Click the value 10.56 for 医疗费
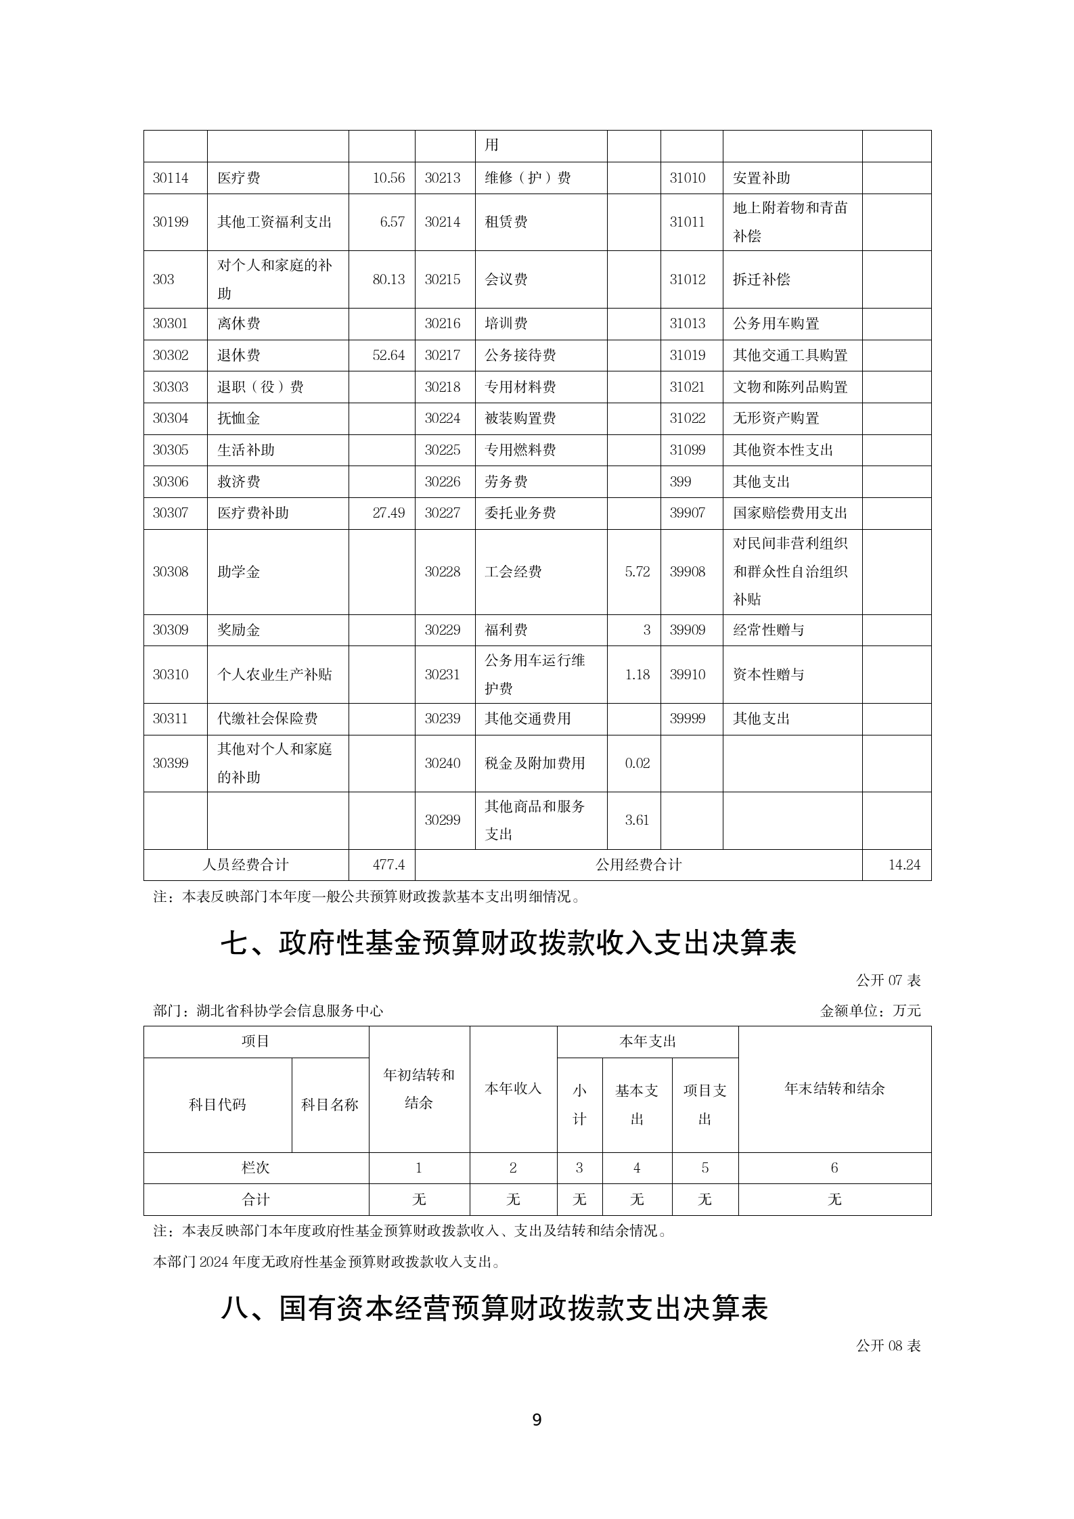(x=388, y=178)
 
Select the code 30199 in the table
(x=171, y=222)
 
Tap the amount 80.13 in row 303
(x=388, y=279)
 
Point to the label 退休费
(x=238, y=355)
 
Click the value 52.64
(x=388, y=355)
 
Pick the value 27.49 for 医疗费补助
(x=388, y=513)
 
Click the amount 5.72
(x=637, y=572)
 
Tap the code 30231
(x=443, y=675)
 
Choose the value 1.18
(x=637, y=675)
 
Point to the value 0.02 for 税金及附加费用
(x=637, y=763)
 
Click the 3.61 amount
(x=637, y=820)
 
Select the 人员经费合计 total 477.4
(x=388, y=865)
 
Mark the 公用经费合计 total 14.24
(x=904, y=865)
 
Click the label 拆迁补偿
(x=761, y=279)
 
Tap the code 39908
(x=688, y=572)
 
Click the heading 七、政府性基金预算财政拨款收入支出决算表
(x=509, y=943)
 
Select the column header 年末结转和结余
(x=834, y=1089)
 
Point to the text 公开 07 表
(x=888, y=980)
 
